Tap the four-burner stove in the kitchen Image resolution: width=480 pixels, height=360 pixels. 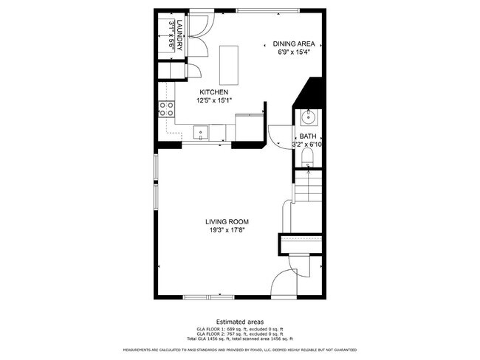[166, 110]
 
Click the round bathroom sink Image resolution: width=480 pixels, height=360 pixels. [307, 117]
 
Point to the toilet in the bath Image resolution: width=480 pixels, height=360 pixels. [307, 159]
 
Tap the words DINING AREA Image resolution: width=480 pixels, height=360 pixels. [293, 44]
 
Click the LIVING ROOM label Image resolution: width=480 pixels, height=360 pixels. [227, 221]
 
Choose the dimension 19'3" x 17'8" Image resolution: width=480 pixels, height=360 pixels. [227, 230]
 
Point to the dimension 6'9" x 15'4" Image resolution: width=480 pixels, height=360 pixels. [293, 52]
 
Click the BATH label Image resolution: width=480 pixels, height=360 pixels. [307, 136]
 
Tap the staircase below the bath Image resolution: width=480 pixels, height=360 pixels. [308, 187]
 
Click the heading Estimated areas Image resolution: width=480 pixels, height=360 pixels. [239, 321]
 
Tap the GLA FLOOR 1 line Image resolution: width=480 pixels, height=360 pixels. [239, 328]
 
